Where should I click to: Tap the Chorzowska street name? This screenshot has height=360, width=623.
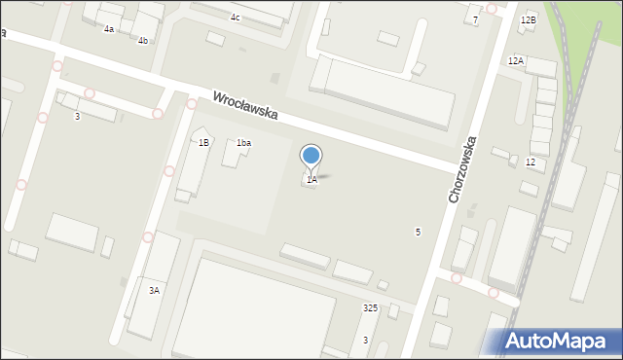[x=467, y=168]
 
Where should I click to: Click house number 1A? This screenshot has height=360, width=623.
[x=311, y=180]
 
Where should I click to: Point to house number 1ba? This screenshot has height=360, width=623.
[x=243, y=143]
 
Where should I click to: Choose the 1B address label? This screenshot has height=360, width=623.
[x=203, y=143]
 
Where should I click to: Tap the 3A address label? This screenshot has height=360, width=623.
[x=154, y=290]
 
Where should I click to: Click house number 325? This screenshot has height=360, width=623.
[x=370, y=307]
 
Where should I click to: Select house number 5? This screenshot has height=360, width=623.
[x=418, y=232]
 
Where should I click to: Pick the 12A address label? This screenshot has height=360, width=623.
[x=515, y=60]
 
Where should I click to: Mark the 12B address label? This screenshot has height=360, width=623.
[x=528, y=19]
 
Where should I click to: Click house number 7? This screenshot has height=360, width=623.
[x=475, y=19]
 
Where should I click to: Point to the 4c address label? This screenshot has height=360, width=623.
[x=235, y=18]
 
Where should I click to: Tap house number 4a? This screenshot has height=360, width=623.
[x=109, y=29]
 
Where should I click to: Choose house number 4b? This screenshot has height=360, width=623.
[x=143, y=40]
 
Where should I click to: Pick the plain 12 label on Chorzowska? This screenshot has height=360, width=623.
[x=530, y=162]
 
